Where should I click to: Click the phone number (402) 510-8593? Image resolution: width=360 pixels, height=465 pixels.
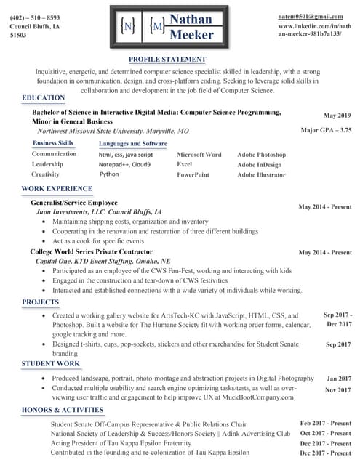coord(35,17)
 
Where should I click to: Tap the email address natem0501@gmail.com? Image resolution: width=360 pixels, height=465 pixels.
coord(310,16)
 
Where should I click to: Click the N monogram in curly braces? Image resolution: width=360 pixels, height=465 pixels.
coord(128,27)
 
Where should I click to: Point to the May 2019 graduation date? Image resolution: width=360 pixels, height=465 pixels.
coord(337,116)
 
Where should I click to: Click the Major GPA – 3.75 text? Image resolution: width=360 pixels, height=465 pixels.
coord(326,130)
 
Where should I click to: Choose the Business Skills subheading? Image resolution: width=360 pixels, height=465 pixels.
coord(53,143)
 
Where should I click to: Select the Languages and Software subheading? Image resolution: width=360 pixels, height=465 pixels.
coord(132,144)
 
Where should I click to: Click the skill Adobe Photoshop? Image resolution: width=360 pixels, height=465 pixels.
coord(261,155)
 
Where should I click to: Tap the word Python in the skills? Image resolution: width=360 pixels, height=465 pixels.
coord(109,174)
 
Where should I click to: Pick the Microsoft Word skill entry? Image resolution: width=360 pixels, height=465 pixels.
coord(199,155)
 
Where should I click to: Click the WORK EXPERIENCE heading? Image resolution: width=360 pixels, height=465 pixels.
coord(57,189)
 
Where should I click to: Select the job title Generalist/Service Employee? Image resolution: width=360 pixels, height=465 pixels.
coord(74,202)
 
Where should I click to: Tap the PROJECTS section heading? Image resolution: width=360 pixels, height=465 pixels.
coord(41,302)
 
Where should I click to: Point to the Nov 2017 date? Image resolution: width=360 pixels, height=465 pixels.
coord(338,390)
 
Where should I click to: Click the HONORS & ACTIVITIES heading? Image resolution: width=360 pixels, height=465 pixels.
coord(63,411)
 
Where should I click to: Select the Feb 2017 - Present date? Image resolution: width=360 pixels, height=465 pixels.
coord(326,423)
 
